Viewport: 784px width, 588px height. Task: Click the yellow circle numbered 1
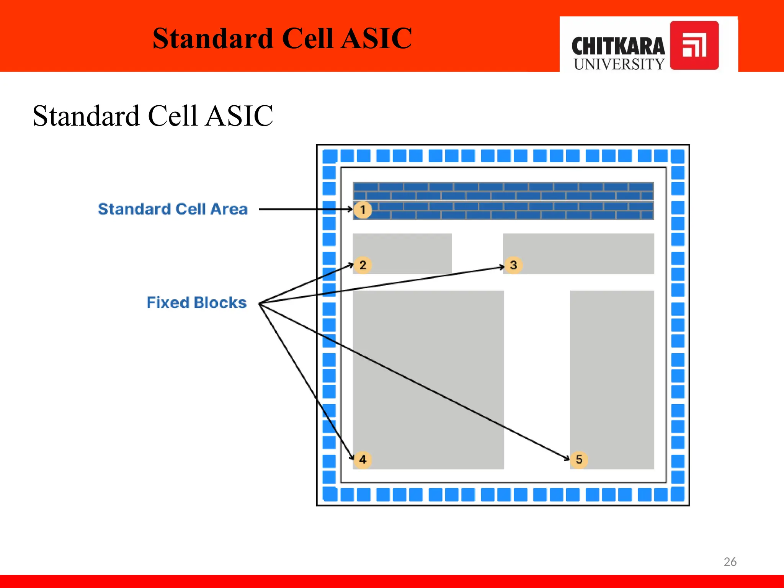coord(363,210)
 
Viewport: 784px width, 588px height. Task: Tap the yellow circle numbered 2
coord(363,265)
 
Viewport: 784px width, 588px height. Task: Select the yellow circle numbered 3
coord(513,265)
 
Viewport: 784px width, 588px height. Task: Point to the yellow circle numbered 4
coord(363,459)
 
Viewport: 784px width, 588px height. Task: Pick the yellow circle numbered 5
coord(579,459)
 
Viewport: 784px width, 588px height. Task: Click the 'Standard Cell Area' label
coord(173,209)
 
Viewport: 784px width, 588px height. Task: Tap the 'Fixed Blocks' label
coord(196,303)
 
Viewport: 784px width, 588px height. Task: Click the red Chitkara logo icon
coord(694,46)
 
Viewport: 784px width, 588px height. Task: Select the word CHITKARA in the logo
coord(618,46)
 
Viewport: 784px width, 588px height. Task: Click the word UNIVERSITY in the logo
coord(619,64)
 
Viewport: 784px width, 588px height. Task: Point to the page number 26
coord(730,562)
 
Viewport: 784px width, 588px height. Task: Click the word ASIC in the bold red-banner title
coord(376,39)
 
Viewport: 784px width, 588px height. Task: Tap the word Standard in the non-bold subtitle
coord(86,116)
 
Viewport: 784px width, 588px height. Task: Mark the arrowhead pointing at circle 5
coord(567,458)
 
